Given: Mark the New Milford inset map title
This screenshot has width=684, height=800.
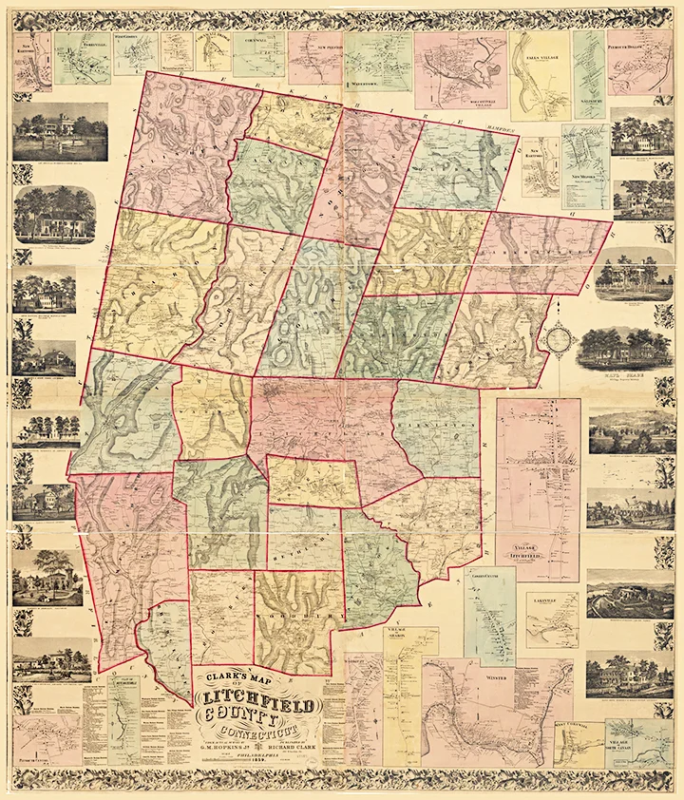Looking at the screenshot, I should point(586,177).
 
